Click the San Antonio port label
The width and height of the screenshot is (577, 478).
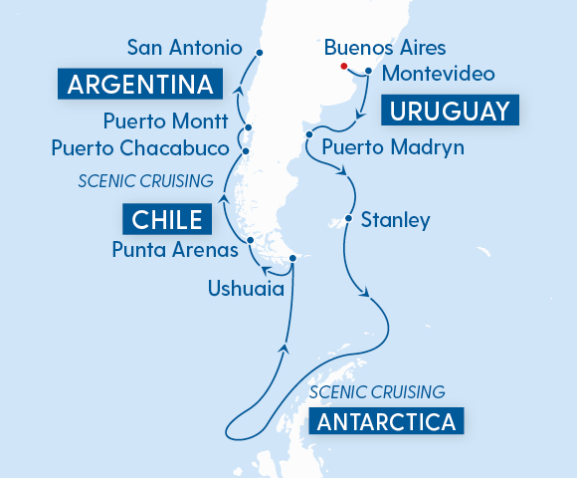pyautogui.click(x=185, y=47)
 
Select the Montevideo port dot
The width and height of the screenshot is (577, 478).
pyautogui.click(x=368, y=71)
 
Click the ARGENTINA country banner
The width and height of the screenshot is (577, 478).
pyautogui.click(x=140, y=85)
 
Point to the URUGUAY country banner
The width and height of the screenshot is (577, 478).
pyautogui.click(x=448, y=111)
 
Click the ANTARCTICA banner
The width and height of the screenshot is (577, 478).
pyautogui.click(x=387, y=421)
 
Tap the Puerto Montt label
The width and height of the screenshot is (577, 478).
pyautogui.click(x=164, y=122)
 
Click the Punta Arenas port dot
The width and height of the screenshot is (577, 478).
pyautogui.click(x=251, y=241)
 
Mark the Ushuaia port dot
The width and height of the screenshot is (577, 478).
pyautogui.click(x=292, y=260)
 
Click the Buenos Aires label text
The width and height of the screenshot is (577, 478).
pyautogui.click(x=385, y=48)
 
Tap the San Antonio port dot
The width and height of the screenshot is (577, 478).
pyautogui.click(x=259, y=53)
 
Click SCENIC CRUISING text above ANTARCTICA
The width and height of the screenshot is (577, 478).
pyautogui.click(x=376, y=392)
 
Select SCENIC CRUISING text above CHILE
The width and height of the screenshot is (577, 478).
pyautogui.click(x=146, y=181)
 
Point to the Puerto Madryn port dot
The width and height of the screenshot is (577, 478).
pyautogui.click(x=310, y=134)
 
